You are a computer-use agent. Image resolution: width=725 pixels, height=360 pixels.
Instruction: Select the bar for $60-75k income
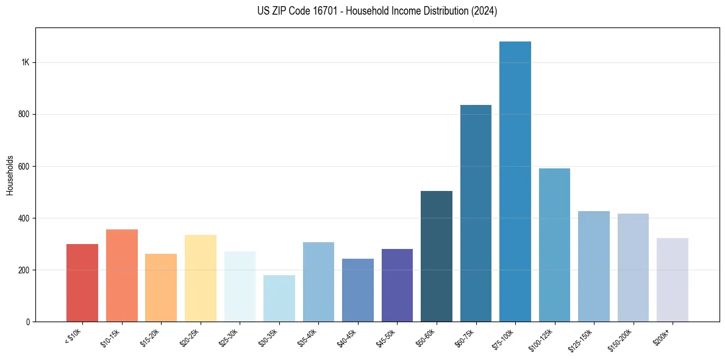[x=476, y=214]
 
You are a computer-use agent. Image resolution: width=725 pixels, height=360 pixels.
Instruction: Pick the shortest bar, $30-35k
[x=279, y=298]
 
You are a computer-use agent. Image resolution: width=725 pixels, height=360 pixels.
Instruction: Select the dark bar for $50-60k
[x=437, y=256]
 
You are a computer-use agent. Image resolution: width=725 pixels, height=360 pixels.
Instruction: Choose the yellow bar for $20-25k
[x=201, y=278]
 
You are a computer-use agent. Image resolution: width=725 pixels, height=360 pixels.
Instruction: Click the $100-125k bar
[x=554, y=245]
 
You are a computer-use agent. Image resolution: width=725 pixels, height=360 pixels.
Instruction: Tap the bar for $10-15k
[x=122, y=275]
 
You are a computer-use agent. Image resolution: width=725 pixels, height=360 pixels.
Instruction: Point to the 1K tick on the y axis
[x=26, y=62]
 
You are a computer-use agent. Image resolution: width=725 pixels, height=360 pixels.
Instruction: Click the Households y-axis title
[x=10, y=175]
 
